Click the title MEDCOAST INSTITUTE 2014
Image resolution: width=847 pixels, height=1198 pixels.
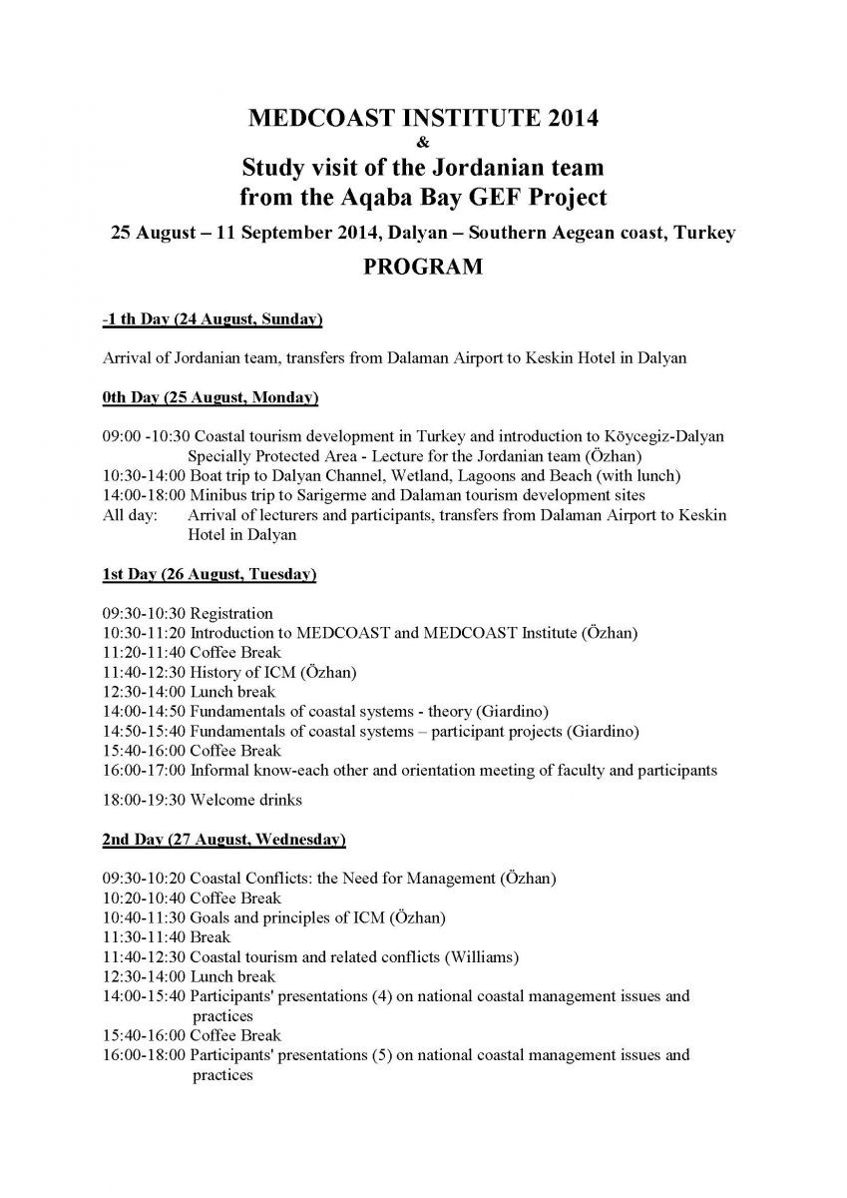pyautogui.click(x=423, y=119)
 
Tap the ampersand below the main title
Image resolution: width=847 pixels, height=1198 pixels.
pyautogui.click(x=423, y=142)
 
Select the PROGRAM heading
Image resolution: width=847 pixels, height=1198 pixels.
pyautogui.click(x=423, y=267)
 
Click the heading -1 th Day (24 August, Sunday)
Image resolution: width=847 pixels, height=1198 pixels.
pyautogui.click(x=212, y=319)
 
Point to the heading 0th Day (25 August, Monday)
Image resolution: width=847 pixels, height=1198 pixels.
pyautogui.click(x=210, y=398)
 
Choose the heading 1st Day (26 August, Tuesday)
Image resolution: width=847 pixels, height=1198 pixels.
pyautogui.click(x=210, y=575)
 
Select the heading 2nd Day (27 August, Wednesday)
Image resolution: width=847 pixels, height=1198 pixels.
pyautogui.click(x=223, y=840)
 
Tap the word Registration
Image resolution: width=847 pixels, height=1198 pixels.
pyautogui.click(x=231, y=613)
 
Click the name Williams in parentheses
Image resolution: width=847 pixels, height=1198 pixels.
pyautogui.click(x=486, y=956)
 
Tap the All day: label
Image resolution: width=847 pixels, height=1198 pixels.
pyautogui.click(x=125, y=515)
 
